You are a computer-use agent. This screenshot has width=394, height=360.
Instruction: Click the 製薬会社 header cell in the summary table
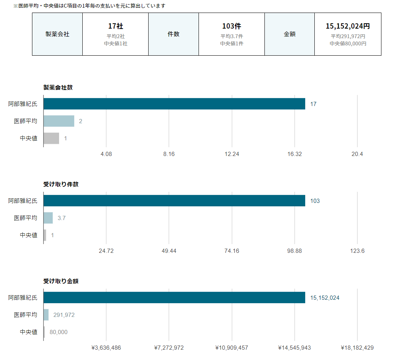(57, 34)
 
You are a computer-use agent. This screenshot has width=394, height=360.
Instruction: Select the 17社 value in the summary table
(115, 26)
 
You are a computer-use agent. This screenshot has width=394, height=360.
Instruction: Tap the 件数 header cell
(173, 34)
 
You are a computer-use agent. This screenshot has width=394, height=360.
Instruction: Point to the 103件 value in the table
(232, 26)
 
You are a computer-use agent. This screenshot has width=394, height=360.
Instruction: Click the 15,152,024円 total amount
(348, 26)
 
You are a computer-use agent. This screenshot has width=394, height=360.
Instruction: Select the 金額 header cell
(290, 34)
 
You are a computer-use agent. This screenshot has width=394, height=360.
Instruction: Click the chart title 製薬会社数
(58, 87)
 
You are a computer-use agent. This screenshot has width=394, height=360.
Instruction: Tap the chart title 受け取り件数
(61, 184)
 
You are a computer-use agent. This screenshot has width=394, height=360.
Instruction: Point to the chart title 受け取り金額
(61, 281)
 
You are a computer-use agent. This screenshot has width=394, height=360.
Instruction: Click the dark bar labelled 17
(175, 104)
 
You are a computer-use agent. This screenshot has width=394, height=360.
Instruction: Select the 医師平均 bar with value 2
(59, 121)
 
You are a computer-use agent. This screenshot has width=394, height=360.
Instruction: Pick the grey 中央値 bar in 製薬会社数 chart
(51, 138)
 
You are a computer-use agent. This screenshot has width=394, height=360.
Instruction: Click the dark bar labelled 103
(175, 201)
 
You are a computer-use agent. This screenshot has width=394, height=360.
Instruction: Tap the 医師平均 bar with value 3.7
(48, 218)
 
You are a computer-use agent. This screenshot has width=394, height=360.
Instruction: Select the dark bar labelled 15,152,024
(175, 297)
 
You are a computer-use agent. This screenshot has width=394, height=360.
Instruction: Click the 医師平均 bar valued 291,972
(46, 315)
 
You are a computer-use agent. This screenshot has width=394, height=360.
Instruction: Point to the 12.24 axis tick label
(232, 154)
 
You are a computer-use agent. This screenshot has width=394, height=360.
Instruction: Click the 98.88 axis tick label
(295, 251)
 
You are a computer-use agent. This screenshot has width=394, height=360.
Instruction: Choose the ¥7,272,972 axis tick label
(169, 348)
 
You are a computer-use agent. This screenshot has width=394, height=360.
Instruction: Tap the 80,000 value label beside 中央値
(59, 332)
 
